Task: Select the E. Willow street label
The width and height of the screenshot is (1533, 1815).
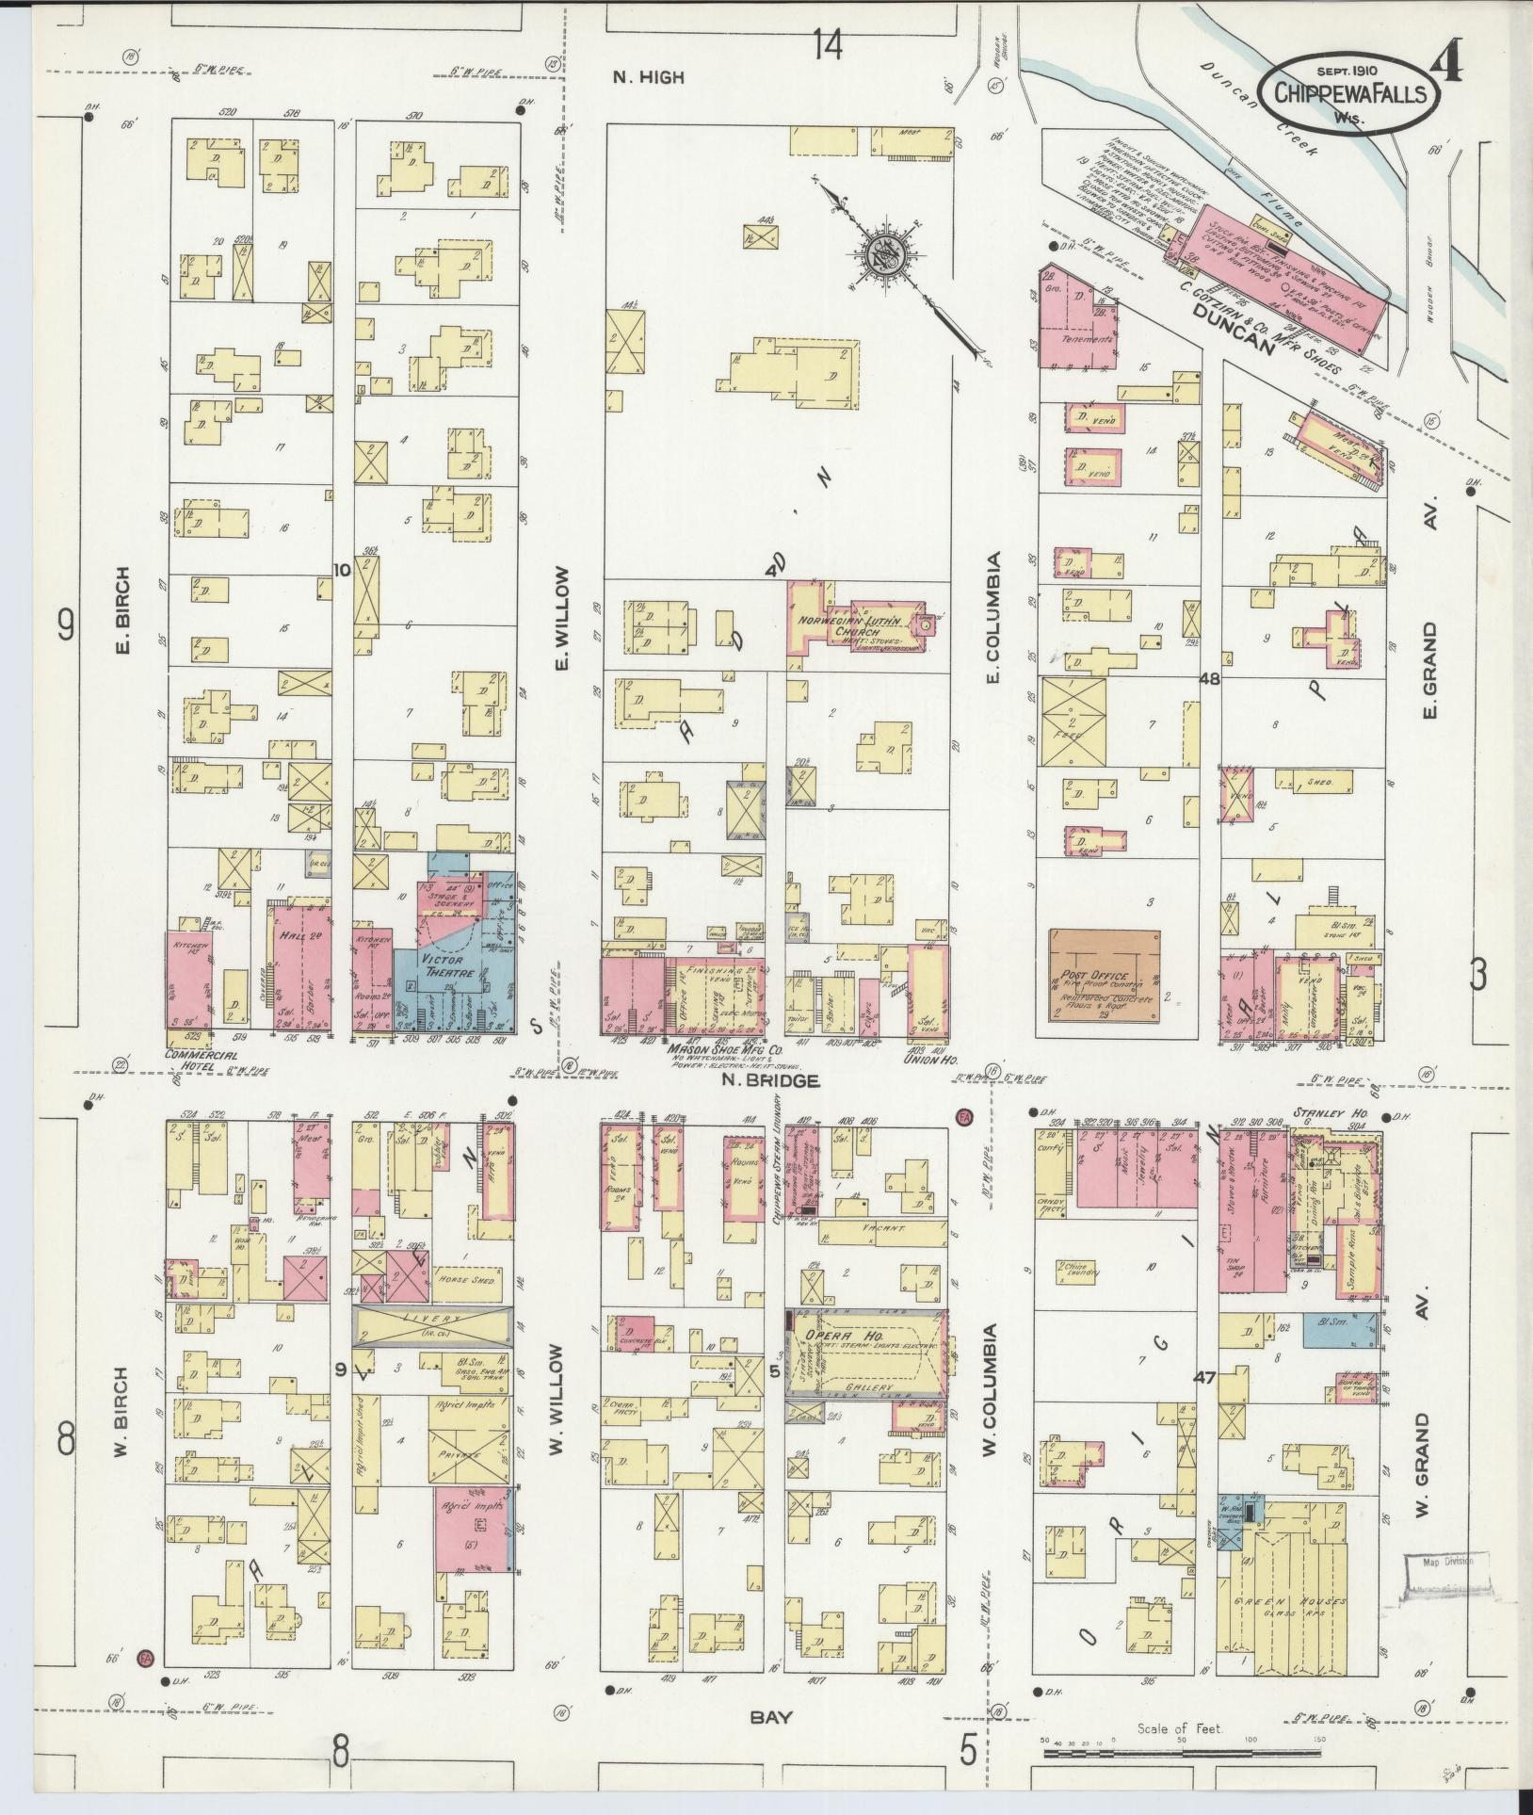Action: (x=563, y=619)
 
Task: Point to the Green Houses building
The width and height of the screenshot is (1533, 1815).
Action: (x=1295, y=1601)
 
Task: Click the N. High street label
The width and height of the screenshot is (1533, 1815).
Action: (x=648, y=78)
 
